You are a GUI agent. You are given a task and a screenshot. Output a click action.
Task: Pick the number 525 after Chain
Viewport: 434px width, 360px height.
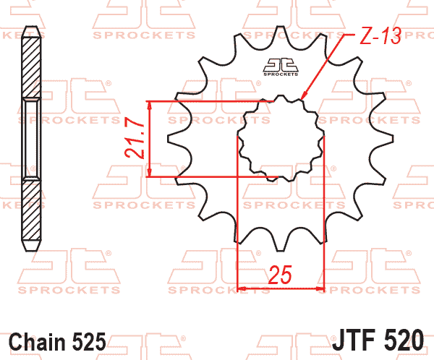point(90,340)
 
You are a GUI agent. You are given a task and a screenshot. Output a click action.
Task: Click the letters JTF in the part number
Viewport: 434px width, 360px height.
point(359,339)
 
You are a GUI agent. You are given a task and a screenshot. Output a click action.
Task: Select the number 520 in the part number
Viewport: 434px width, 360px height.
point(410,339)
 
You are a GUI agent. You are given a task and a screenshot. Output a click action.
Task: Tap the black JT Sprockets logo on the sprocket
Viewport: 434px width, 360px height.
point(281,66)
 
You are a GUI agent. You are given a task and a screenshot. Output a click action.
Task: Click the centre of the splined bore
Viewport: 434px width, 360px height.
point(281,138)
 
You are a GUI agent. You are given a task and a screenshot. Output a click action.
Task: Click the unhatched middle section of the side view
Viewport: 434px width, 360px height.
point(30,138)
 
